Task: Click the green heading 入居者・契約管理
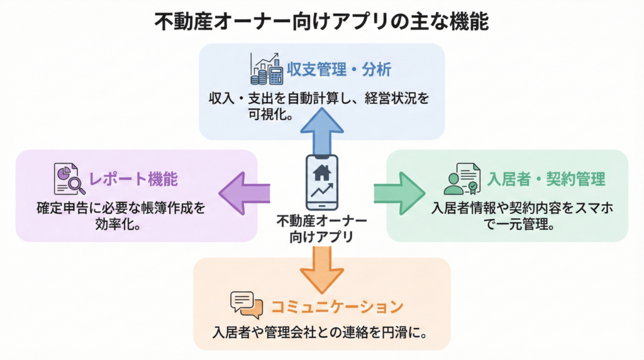pyautogui.click(x=547, y=179)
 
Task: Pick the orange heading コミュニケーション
pyautogui.click(x=336, y=307)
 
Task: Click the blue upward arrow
pyautogui.click(x=321, y=129)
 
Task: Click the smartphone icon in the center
pyautogui.click(x=321, y=183)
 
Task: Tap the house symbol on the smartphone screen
pyautogui.click(x=321, y=171)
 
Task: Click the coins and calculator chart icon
pyautogui.click(x=267, y=69)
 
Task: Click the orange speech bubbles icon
pyautogui.click(x=246, y=305)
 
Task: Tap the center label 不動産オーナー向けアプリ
pyautogui.click(x=321, y=230)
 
